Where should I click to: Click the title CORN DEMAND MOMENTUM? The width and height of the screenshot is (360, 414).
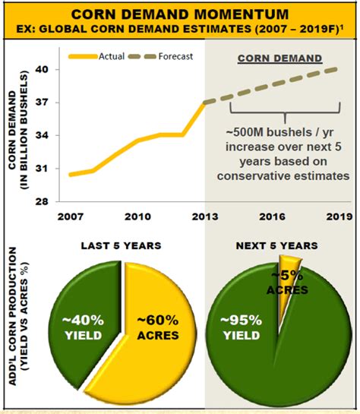click(179, 13)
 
